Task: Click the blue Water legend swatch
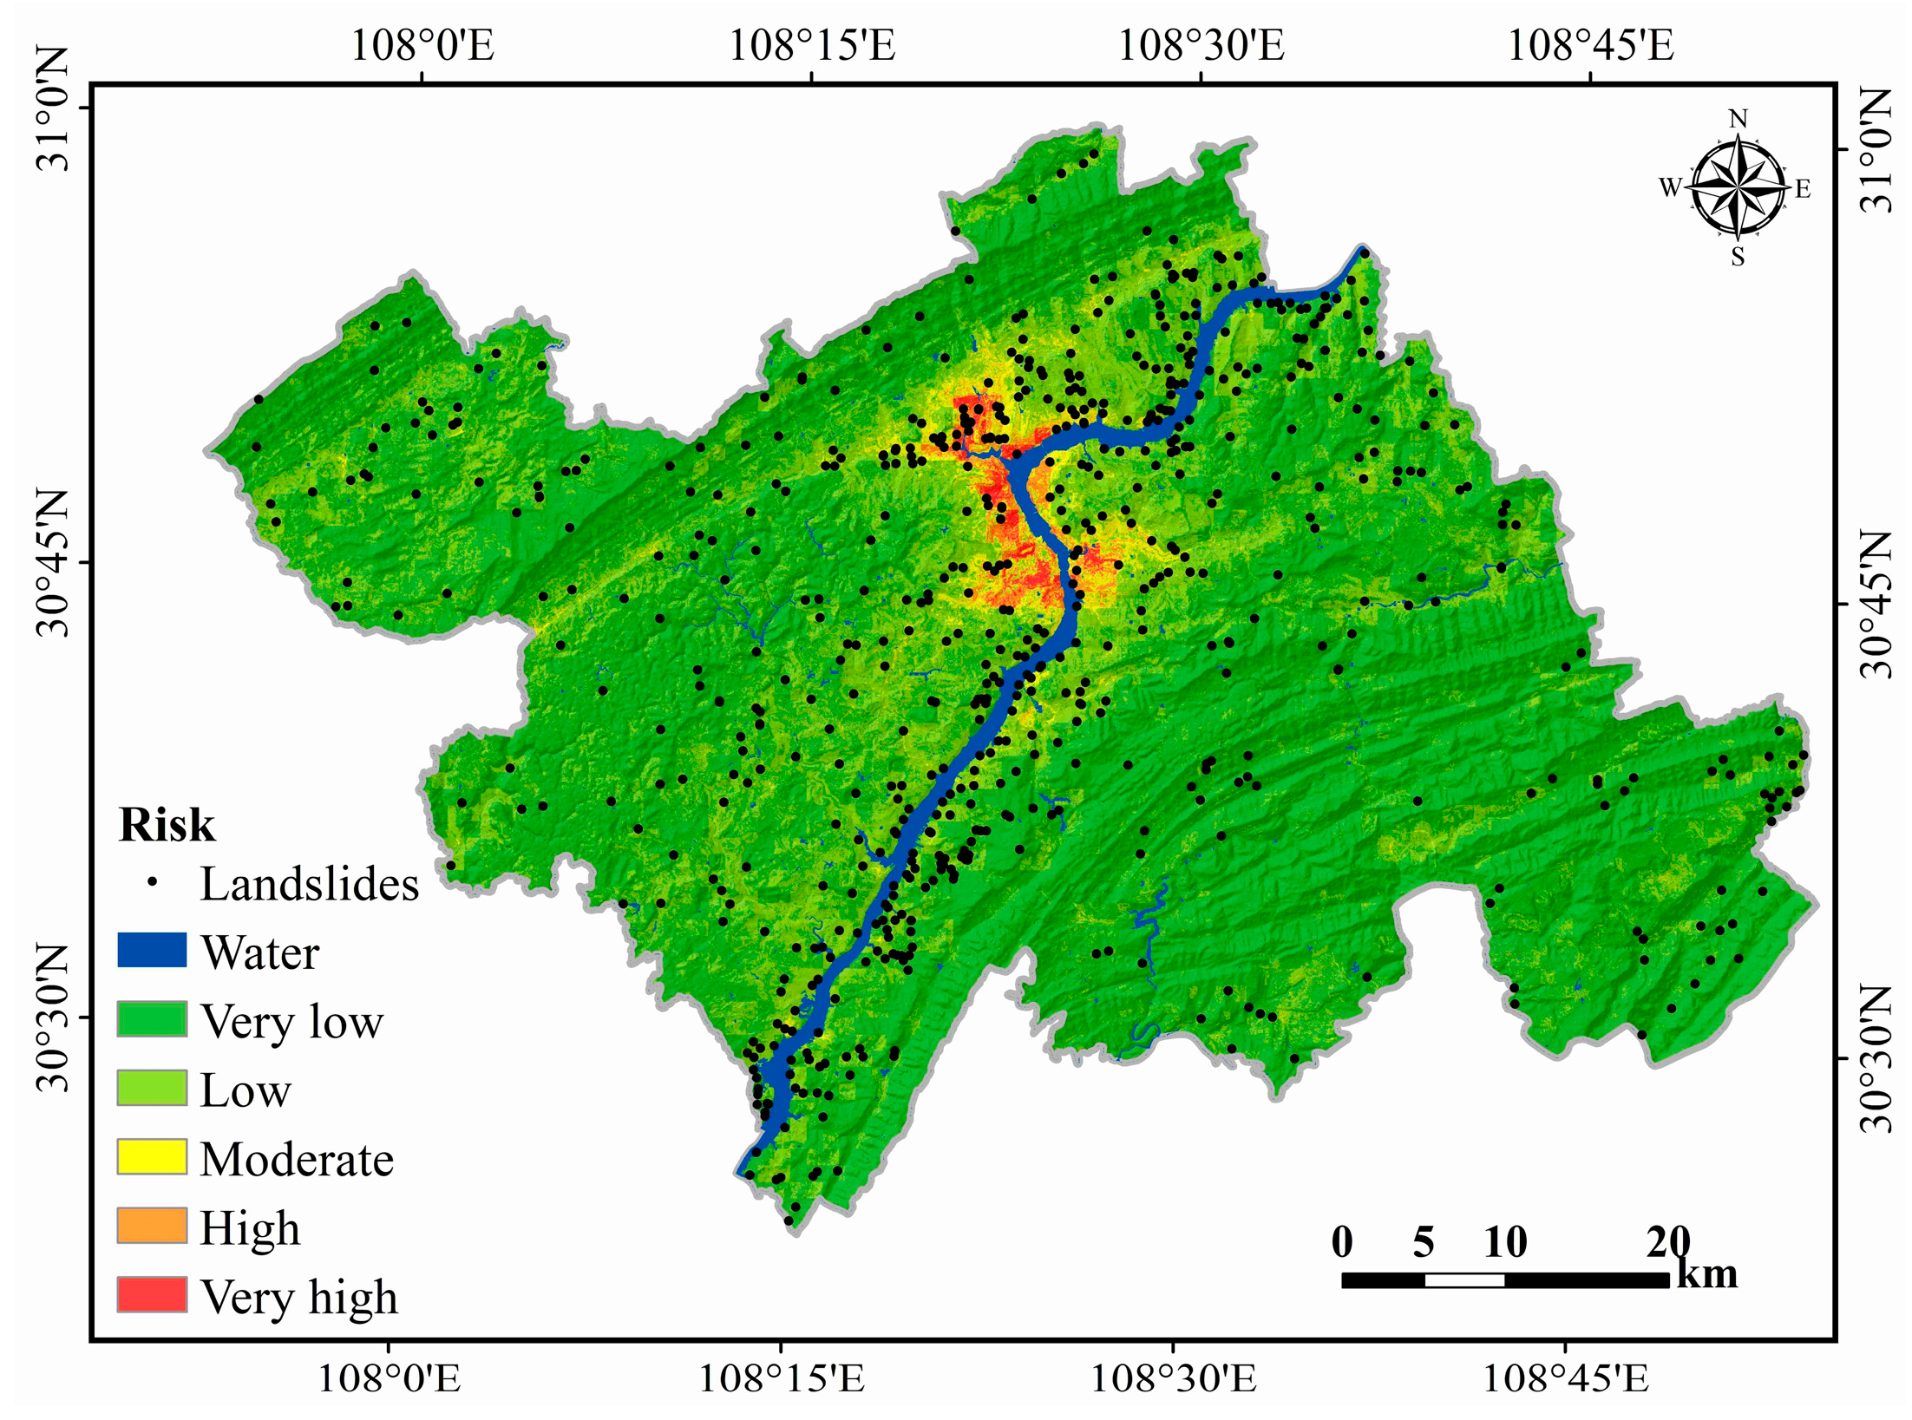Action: (152, 950)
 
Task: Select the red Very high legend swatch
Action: (152, 1293)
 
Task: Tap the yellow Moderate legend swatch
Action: (152, 1156)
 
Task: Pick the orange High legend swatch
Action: (152, 1225)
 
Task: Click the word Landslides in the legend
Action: (309, 885)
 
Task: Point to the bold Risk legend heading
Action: (166, 824)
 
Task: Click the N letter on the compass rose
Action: (1738, 119)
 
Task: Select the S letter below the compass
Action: (1738, 257)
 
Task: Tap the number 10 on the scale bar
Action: (1505, 1242)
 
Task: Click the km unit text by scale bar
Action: (1707, 1273)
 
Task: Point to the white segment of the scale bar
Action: (1464, 1280)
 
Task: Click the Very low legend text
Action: (291, 1021)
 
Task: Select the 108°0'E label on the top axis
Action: (422, 45)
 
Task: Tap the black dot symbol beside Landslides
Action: (152, 881)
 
